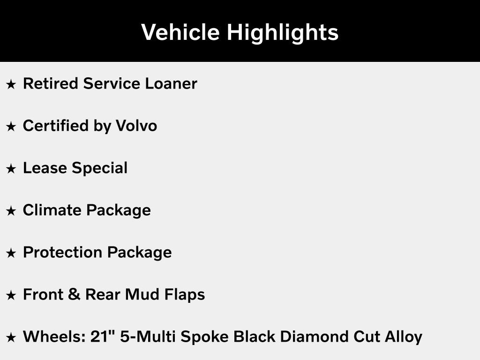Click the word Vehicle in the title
click(x=180, y=32)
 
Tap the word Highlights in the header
click(x=282, y=32)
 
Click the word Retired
click(x=51, y=84)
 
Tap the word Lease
click(x=45, y=168)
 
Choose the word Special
click(x=99, y=168)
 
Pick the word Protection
click(x=63, y=253)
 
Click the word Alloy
click(x=405, y=337)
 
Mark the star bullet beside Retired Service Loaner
click(x=11, y=84)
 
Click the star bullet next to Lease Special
click(x=11, y=169)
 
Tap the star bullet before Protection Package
click(x=11, y=253)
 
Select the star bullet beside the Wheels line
click(x=11, y=337)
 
